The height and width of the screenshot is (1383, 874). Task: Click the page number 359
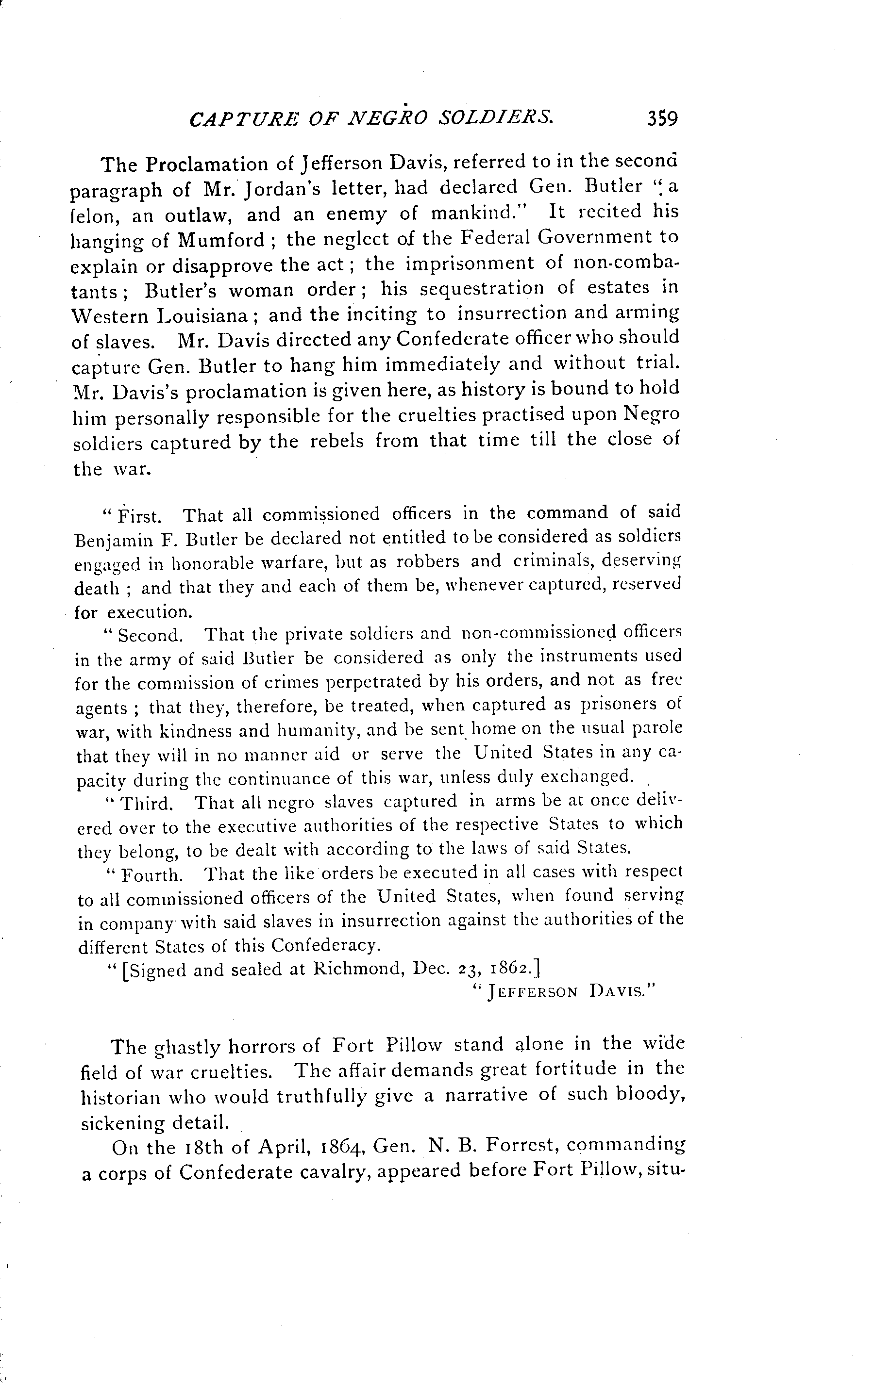(662, 118)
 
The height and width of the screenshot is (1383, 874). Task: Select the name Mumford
(220, 240)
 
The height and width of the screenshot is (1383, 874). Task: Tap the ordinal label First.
(138, 516)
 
